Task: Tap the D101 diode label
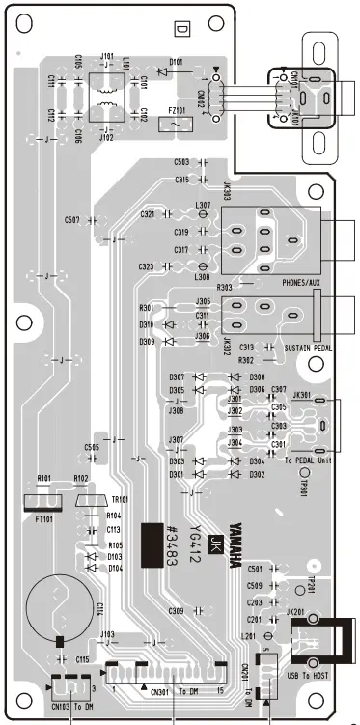pyautogui.click(x=176, y=63)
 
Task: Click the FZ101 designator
pyautogui.click(x=179, y=111)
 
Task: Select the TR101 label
pyautogui.click(x=120, y=499)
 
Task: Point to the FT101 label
pyautogui.click(x=41, y=516)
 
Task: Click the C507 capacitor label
pyautogui.click(x=73, y=220)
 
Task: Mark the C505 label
pyautogui.click(x=92, y=448)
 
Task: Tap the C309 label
pyautogui.click(x=176, y=611)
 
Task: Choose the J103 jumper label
pyautogui.click(x=106, y=634)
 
